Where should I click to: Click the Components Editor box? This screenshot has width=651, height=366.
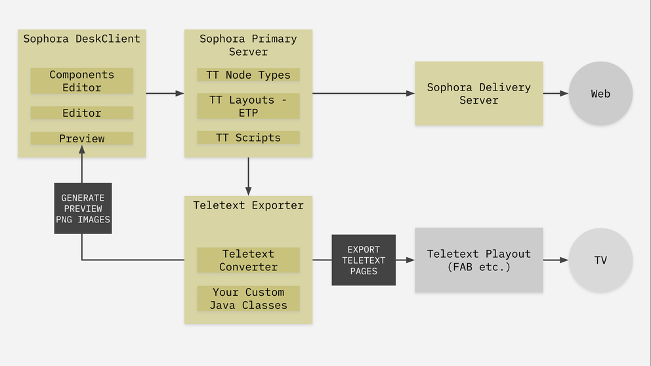point(81,81)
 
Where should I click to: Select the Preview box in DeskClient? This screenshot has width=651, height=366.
point(81,138)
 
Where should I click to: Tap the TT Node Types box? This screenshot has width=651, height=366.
point(248,75)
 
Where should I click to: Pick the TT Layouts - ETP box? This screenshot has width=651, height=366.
point(248,106)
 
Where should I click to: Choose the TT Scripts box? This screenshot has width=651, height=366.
point(248,138)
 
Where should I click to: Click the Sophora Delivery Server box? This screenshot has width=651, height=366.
point(478,93)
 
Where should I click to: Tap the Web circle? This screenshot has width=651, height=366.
point(600,94)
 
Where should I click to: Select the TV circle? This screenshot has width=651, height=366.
point(600,260)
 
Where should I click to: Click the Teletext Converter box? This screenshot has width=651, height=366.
point(248,260)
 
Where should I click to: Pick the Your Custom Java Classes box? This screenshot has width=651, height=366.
point(248,298)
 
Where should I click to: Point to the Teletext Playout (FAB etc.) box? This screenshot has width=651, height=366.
point(478,260)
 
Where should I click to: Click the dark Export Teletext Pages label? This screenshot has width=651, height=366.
point(364,260)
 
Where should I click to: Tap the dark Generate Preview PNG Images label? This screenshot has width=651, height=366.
point(83,209)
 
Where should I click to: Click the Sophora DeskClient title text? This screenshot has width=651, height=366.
point(81,39)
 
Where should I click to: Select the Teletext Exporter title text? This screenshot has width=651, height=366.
point(248,205)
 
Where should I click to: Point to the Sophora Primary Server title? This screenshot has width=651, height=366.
point(248,45)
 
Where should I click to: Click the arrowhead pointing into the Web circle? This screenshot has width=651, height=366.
point(564,94)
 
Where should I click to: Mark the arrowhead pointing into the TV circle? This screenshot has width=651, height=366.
point(564,260)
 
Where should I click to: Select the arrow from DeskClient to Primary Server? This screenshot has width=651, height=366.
point(164,94)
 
